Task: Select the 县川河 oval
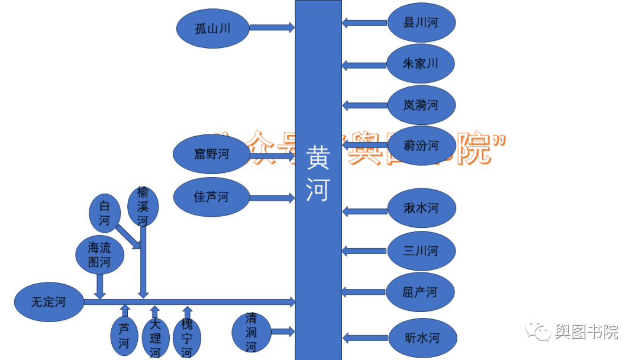[x=421, y=22]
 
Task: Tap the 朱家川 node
[x=421, y=63]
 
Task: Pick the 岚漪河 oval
[x=421, y=105]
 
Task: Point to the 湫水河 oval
[x=421, y=208]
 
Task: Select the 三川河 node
[x=421, y=250]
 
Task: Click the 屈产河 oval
[x=420, y=292]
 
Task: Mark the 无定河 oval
[x=49, y=303]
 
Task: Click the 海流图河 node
[x=99, y=255]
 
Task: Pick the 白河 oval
[x=105, y=214]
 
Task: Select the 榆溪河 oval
[x=143, y=206]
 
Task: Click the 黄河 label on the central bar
[x=318, y=175]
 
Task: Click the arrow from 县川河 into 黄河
[x=364, y=23]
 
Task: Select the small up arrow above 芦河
[x=124, y=310]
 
